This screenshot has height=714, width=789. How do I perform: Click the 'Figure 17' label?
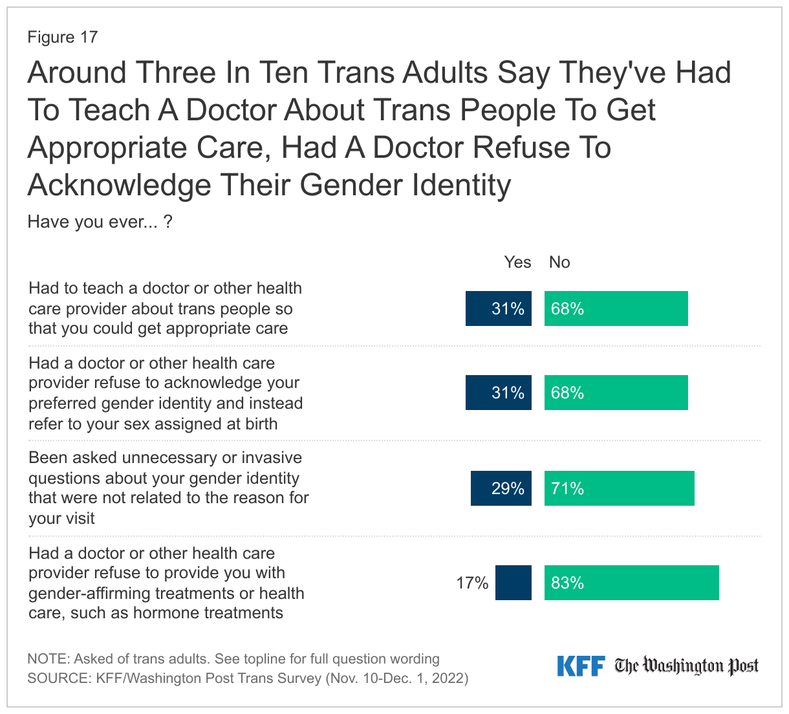pyautogui.click(x=62, y=38)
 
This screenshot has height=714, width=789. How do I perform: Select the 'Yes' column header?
pyautogui.click(x=517, y=262)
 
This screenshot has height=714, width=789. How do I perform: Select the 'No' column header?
pyautogui.click(x=559, y=262)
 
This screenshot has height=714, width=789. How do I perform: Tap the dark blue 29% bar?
pyautogui.click(x=501, y=488)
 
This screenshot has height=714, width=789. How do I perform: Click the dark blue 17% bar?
pyautogui.click(x=513, y=583)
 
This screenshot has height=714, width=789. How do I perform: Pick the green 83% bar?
pyautogui.click(x=631, y=583)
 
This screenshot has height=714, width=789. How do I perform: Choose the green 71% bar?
pyautogui.click(x=619, y=488)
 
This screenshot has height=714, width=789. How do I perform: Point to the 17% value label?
pyautogui.click(x=472, y=583)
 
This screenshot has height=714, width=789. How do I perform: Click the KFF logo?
pyautogui.click(x=581, y=666)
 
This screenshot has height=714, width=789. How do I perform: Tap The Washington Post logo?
pyautogui.click(x=686, y=666)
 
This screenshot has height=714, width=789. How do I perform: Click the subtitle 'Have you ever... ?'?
pyautogui.click(x=100, y=222)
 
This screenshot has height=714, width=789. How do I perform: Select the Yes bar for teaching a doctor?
pyautogui.click(x=499, y=308)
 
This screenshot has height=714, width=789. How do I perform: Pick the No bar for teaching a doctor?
pyautogui.click(x=616, y=308)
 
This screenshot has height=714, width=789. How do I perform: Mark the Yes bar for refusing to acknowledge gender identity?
pyautogui.click(x=499, y=393)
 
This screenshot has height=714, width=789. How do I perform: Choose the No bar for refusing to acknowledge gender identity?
pyautogui.click(x=616, y=393)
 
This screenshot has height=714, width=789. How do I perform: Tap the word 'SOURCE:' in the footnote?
pyautogui.click(x=59, y=678)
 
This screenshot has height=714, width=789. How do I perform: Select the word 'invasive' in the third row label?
pyautogui.click(x=272, y=458)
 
